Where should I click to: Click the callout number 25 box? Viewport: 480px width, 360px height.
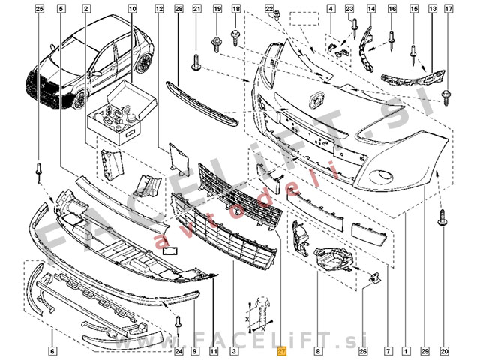[40, 8]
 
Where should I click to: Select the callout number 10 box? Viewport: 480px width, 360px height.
[132, 8]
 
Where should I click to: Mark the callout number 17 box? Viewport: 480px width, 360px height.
[448, 8]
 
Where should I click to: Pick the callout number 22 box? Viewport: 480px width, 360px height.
[269, 8]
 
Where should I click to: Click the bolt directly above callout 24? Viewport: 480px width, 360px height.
[178, 323]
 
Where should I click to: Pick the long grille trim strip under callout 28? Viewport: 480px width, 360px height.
[202, 103]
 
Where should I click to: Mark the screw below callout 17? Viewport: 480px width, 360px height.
[447, 95]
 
